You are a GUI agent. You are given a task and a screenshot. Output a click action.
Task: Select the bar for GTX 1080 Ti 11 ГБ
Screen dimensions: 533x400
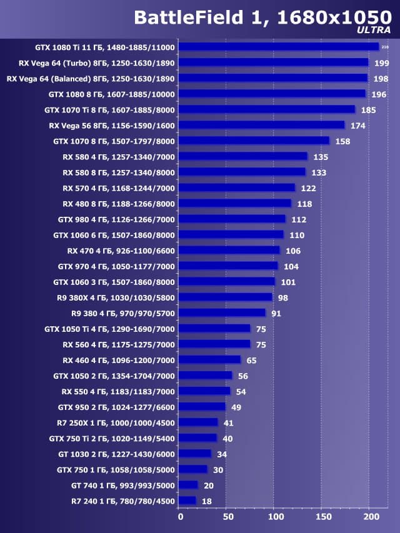coord(278,47)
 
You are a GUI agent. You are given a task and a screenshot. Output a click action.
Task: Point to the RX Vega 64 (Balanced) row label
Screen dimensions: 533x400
coord(91,78)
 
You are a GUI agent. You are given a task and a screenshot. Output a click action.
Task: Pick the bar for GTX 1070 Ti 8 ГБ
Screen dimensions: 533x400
coord(266,109)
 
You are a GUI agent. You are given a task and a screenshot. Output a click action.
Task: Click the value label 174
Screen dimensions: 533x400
coord(358,125)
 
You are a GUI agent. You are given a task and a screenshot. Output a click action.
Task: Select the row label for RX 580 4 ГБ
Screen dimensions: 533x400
coord(119,156)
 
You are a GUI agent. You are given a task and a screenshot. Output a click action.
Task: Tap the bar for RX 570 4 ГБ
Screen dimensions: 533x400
coord(236,187)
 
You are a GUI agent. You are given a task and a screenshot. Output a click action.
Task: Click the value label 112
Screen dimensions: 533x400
coord(299,219)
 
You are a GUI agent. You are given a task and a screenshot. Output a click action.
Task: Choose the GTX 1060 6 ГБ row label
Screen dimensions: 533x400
coord(114,235)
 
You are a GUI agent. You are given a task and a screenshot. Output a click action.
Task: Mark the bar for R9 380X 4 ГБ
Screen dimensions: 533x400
coord(225,297)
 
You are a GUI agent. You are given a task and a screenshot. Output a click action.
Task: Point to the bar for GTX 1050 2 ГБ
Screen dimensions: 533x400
coord(205,376)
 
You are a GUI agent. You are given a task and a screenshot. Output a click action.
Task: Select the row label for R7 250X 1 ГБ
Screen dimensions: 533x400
coord(116,422)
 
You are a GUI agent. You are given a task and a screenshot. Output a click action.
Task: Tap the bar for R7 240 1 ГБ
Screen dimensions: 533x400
coord(187,501)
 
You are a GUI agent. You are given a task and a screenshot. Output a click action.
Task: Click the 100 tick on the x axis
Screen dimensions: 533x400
coord(275,517)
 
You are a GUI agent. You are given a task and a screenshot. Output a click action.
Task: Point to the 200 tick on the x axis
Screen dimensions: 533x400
coord(370,517)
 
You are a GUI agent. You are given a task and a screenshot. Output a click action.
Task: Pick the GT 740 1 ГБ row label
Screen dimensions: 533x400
coord(123,485)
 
